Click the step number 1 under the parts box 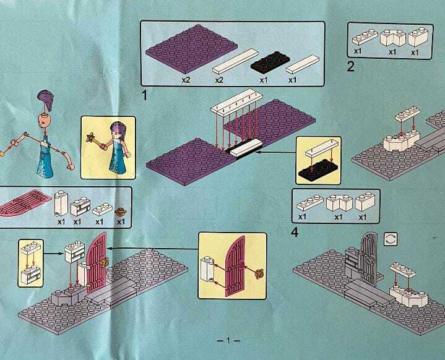point(144,95)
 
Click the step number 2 point(351,67)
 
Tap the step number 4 point(295,233)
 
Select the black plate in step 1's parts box point(270,61)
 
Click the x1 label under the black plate point(264,80)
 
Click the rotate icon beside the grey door point(391,239)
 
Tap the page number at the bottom point(228,340)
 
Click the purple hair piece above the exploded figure point(46,100)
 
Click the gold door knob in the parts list point(121,212)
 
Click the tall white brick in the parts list point(61,203)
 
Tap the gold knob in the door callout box point(259,273)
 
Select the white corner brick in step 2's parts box point(393,38)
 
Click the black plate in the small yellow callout point(318,170)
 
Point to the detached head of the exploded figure point(44,120)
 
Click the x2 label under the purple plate point(186,80)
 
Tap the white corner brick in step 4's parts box point(339,203)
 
